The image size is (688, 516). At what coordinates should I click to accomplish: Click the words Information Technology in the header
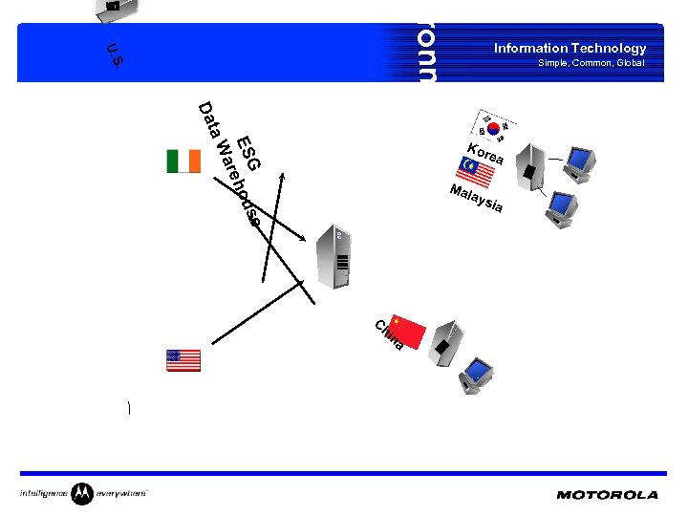(570, 48)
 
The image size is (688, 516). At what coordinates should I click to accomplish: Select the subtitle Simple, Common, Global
(591, 63)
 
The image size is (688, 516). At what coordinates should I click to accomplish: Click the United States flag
(183, 360)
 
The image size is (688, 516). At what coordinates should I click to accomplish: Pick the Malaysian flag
(468, 169)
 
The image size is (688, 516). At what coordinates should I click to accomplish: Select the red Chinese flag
(408, 331)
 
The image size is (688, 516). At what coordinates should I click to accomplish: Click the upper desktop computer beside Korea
(578, 163)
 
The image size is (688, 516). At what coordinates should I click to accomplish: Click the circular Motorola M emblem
(82, 494)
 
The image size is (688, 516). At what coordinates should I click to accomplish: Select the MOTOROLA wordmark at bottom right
(607, 495)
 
